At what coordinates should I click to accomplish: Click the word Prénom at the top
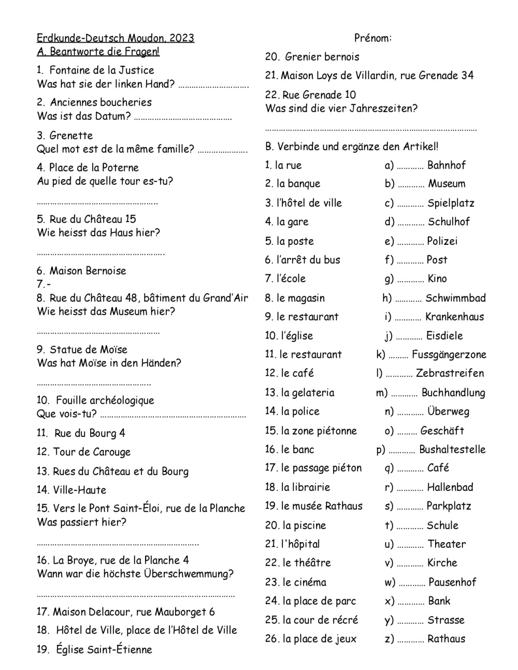[x=372, y=38]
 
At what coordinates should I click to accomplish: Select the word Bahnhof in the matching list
[x=447, y=165]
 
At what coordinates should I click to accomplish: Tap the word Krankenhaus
[x=454, y=316]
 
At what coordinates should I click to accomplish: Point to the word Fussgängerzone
[x=449, y=354]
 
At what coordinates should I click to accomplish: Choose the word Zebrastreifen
[x=450, y=373]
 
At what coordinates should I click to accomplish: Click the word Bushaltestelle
[x=452, y=449]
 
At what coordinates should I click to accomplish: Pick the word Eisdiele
[x=444, y=336]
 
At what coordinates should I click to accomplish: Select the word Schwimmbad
[x=455, y=298]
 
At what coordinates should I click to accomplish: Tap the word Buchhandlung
[x=453, y=392]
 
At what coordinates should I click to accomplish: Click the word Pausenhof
[x=452, y=582]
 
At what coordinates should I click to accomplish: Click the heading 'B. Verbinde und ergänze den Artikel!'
[x=352, y=147]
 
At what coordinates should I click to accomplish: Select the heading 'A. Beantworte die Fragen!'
[x=98, y=51]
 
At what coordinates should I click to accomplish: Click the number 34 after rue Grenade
[x=467, y=76]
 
